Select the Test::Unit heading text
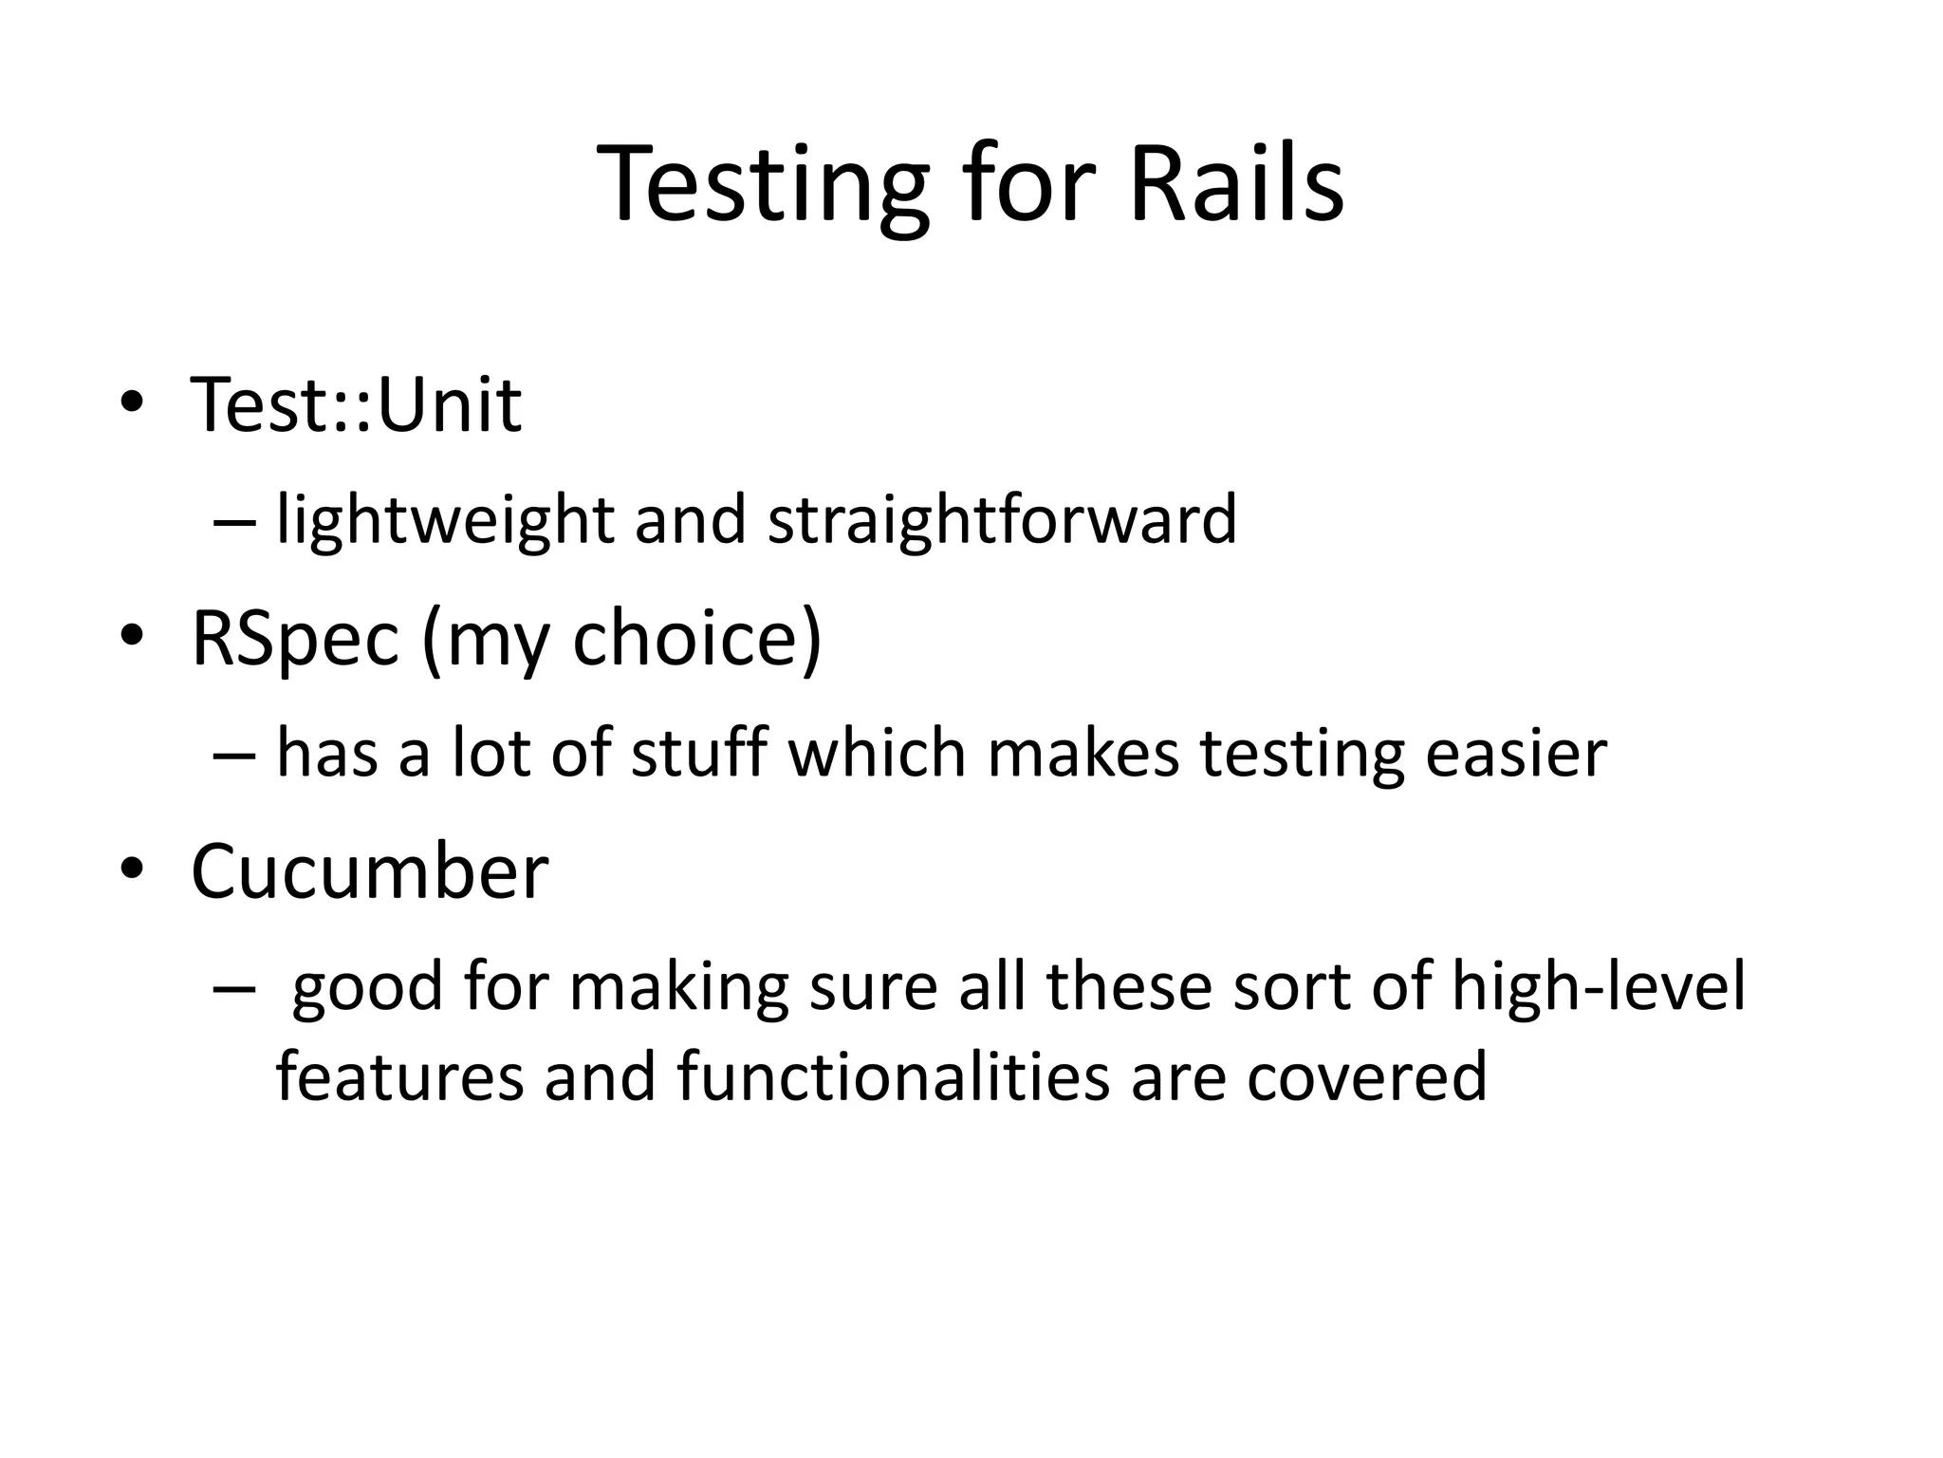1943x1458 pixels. click(356, 404)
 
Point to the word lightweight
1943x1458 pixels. click(445, 520)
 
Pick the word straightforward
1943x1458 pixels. click(1002, 520)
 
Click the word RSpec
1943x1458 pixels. click(295, 639)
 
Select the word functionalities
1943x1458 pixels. click(893, 1077)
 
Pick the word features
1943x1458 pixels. click(399, 1077)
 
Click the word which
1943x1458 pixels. click(877, 753)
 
